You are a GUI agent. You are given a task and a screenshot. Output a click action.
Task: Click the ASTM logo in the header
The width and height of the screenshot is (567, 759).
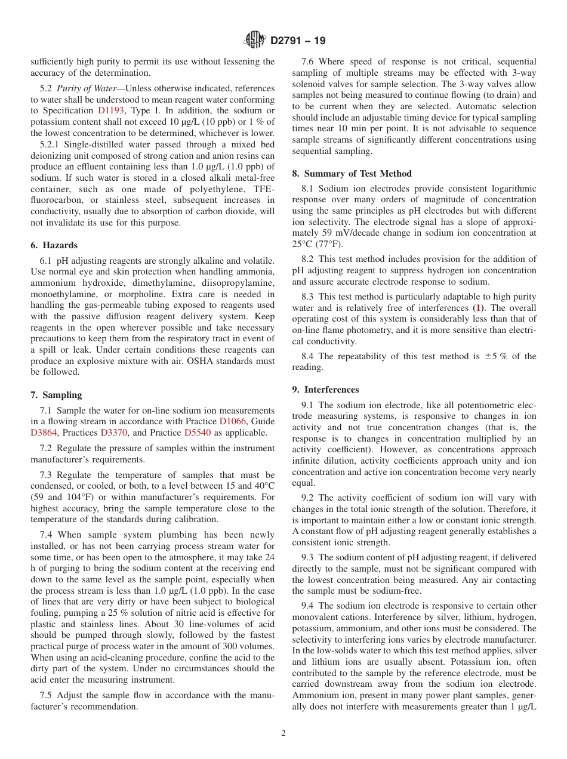point(255,41)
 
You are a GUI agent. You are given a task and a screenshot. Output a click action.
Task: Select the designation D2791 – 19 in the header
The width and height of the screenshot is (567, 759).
point(298,41)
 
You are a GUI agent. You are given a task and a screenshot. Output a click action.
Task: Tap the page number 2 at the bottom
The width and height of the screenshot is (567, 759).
point(283,733)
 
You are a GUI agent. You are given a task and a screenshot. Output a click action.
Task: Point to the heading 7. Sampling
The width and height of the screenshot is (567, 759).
point(56,395)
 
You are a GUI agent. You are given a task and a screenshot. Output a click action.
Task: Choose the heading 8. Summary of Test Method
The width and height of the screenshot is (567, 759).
point(352,174)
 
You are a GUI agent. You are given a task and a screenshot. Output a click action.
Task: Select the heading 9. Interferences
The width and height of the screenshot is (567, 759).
point(325,390)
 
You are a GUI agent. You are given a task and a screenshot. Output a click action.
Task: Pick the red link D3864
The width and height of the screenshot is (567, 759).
point(45,433)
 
